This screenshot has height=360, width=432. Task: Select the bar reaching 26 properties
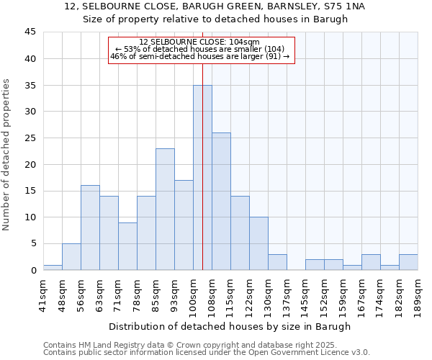click(x=221, y=202)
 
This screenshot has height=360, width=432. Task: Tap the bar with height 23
click(x=165, y=210)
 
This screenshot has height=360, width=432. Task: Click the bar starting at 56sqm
click(x=90, y=228)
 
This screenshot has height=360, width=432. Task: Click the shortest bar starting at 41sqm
click(x=53, y=267)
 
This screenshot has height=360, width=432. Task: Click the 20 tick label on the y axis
click(x=30, y=164)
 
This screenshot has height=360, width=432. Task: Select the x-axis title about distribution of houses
click(x=230, y=326)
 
